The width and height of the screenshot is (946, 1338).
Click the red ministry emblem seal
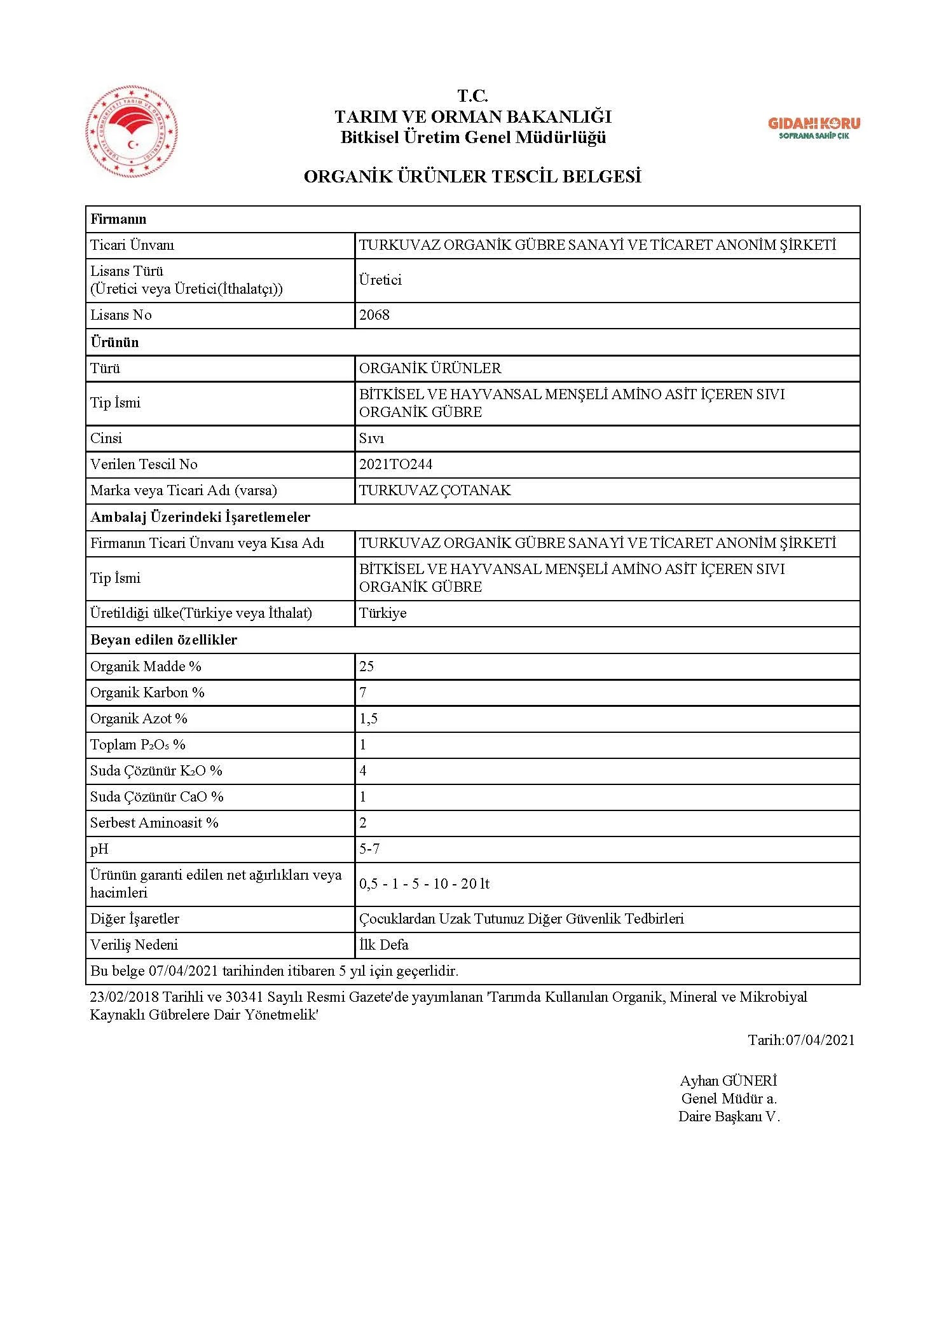(x=132, y=132)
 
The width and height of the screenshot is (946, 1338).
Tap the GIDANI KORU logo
(x=814, y=128)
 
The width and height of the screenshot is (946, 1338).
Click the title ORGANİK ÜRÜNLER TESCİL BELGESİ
(x=472, y=177)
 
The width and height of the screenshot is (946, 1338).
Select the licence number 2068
(x=374, y=315)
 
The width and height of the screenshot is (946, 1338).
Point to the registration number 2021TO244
(x=395, y=465)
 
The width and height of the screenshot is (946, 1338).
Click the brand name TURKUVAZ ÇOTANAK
(x=435, y=491)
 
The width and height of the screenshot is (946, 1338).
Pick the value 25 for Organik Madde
(x=367, y=667)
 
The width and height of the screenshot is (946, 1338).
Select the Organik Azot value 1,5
(x=369, y=719)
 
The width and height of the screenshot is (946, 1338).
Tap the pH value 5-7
(x=369, y=849)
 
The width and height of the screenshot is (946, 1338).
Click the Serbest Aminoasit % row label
(x=154, y=823)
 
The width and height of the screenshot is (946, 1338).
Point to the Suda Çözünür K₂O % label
(x=156, y=771)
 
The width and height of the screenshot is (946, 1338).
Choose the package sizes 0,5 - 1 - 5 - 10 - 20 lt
(x=424, y=884)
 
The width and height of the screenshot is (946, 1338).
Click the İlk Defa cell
(x=384, y=945)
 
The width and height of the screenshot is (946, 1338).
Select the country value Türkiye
(x=383, y=613)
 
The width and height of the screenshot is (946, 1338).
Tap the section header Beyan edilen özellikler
(x=164, y=640)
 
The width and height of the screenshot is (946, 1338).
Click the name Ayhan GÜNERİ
(x=729, y=1081)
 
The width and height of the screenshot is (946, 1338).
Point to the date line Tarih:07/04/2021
(x=801, y=1041)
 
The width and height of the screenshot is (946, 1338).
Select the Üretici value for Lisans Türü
(x=380, y=280)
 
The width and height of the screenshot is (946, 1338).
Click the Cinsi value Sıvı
(x=372, y=439)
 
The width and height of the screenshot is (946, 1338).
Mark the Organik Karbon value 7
(x=363, y=693)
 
